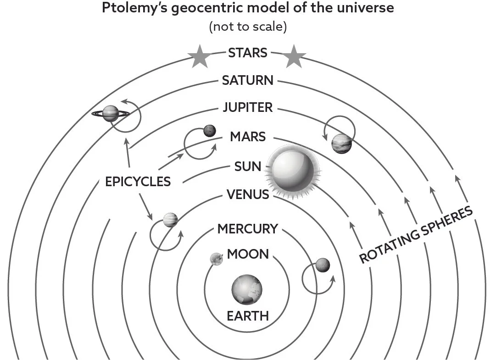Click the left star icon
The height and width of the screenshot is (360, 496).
[200, 56]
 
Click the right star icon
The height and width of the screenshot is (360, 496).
[294, 56]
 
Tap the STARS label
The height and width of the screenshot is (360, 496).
[248, 53]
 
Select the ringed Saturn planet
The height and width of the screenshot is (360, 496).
[111, 113]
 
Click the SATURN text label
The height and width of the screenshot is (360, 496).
[248, 80]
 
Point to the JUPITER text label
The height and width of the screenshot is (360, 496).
[248, 107]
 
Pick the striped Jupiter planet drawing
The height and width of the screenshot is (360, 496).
[342, 144]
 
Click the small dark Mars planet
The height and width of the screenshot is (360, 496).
[210, 131]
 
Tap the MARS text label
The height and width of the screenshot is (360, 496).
[248, 137]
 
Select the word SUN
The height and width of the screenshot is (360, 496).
[248, 166]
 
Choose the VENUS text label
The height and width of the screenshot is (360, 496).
[248, 194]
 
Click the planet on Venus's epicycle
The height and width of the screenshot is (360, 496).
[171, 220]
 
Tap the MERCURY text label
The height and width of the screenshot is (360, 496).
[248, 229]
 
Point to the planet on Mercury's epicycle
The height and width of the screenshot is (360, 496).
[323, 265]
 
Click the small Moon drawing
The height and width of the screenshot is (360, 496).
[217, 259]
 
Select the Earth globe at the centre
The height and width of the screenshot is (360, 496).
[247, 289]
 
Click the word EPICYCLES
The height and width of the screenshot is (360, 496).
[138, 182]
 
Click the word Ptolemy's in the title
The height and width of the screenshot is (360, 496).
[135, 8]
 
